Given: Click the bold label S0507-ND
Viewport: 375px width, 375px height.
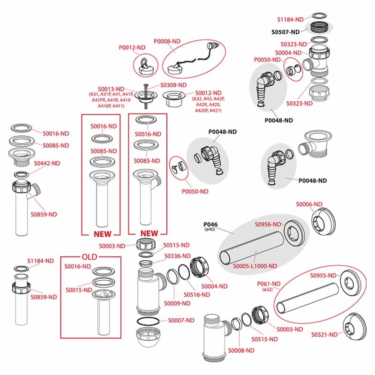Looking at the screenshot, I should point(285,32).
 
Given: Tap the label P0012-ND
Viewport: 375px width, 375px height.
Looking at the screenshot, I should point(132,47).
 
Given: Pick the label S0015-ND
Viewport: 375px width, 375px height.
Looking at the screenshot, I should point(78,290).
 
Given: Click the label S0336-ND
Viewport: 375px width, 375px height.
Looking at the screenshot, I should point(177,256).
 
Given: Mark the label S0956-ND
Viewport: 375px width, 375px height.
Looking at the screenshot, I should point(269,224).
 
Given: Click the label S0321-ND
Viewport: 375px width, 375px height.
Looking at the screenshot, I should point(325,334).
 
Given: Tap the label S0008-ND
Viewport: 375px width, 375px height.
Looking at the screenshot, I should point(241,350).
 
